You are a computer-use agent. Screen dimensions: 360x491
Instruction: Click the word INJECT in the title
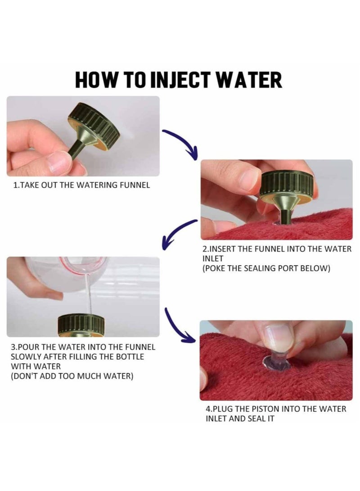(180, 80)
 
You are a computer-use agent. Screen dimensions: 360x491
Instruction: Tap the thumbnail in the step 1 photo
(59, 162)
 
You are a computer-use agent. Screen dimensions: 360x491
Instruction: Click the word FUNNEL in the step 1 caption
(135, 185)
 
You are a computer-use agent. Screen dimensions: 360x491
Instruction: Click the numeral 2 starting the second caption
(205, 249)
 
